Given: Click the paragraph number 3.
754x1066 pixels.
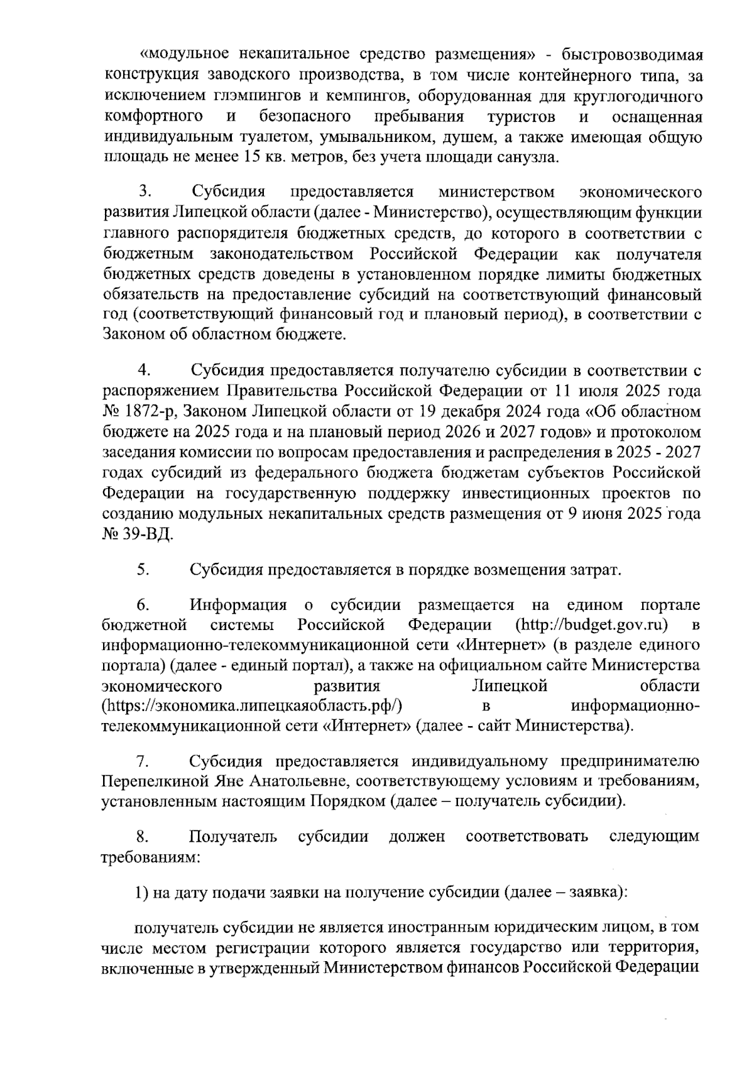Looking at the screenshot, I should (143, 191).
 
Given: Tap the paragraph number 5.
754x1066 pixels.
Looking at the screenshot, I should (143, 570).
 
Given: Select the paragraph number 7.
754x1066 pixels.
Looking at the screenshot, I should (143, 761).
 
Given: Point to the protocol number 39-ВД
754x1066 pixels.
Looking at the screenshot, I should (145, 535).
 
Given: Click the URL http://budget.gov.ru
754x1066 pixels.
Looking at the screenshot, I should (591, 625).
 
